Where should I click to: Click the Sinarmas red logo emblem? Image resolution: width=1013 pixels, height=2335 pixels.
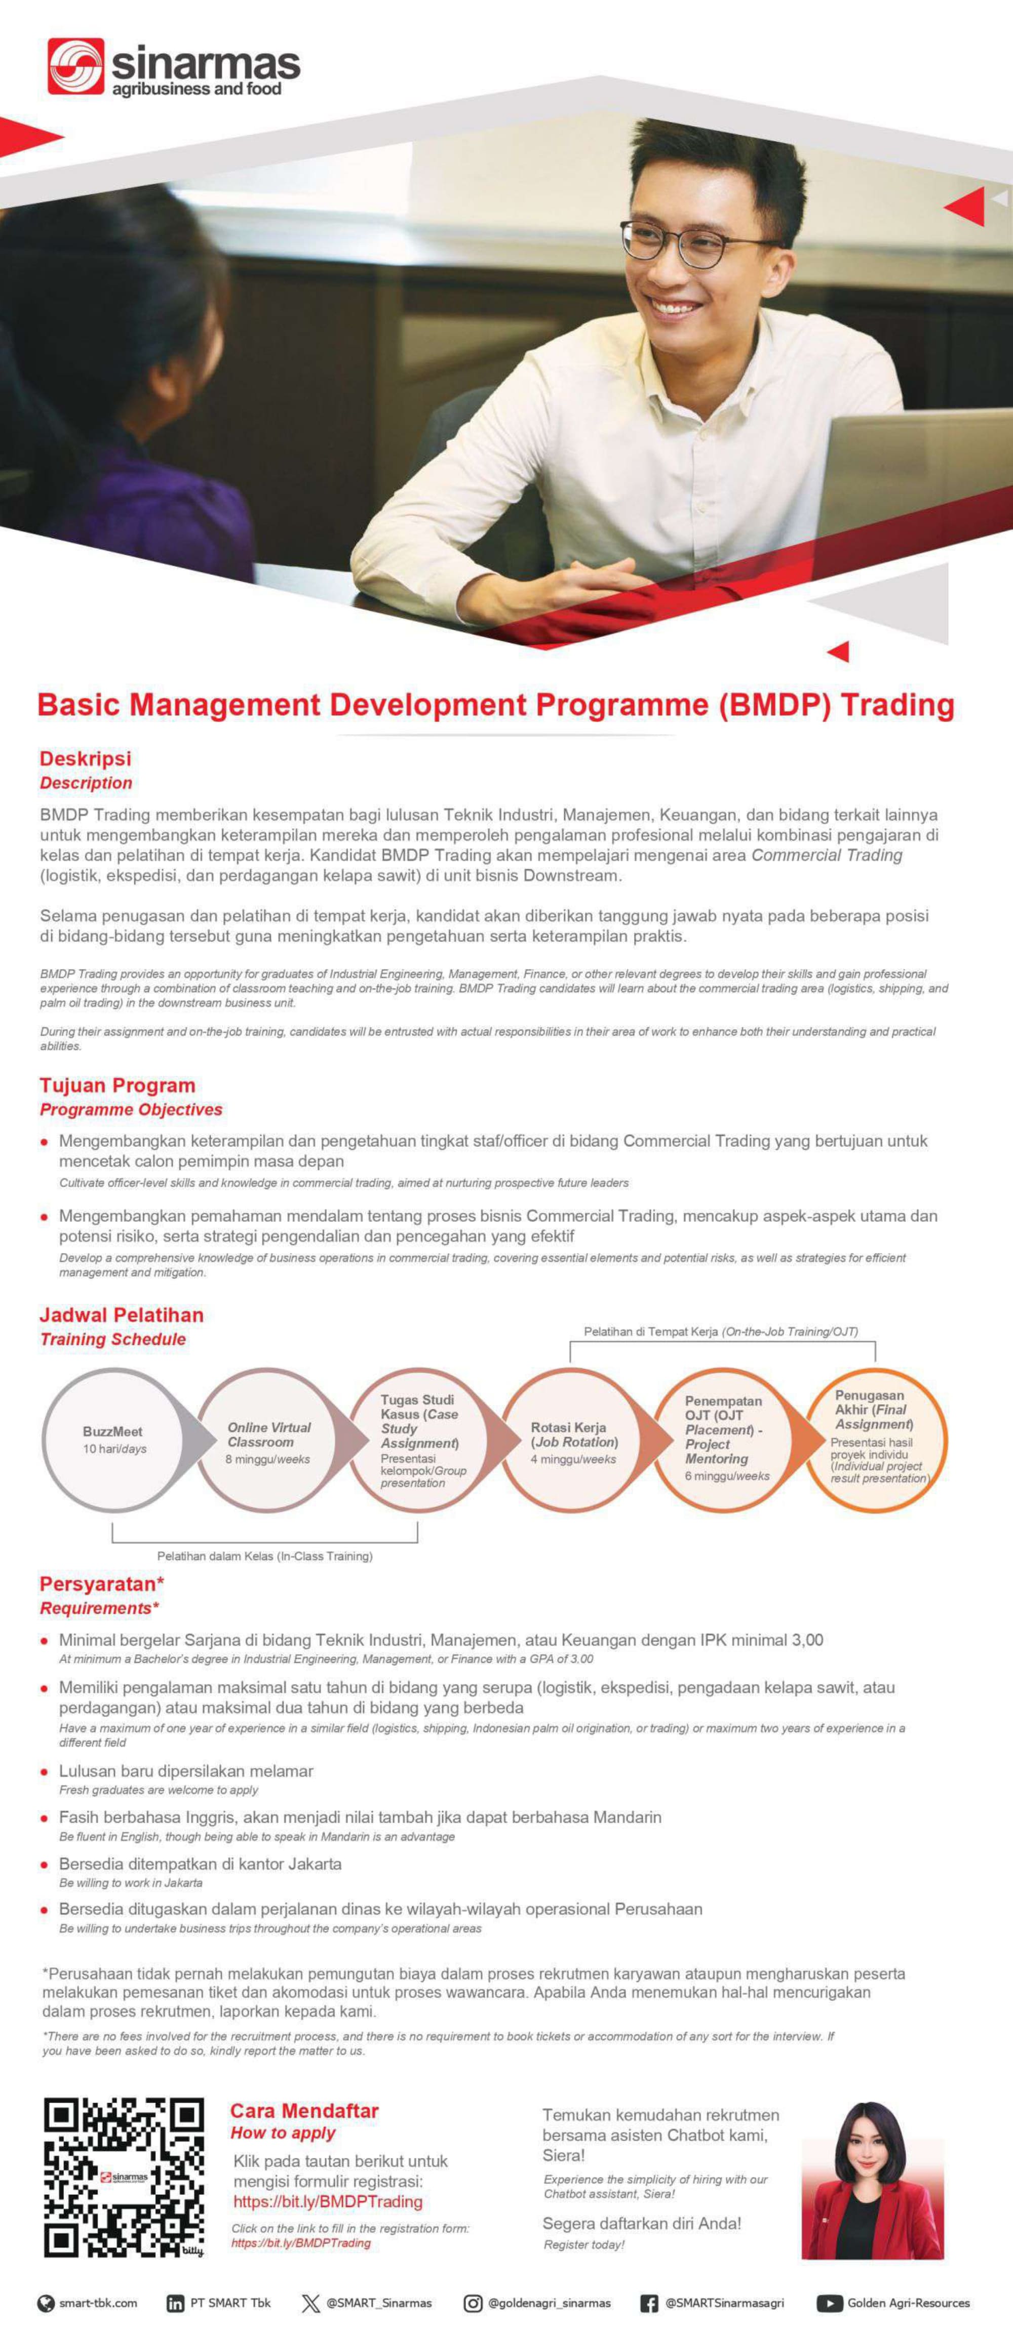(x=75, y=66)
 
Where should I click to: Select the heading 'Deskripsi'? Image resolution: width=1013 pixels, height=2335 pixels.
(x=85, y=759)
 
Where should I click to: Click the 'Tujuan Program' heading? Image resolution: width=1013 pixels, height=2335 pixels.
(x=117, y=1085)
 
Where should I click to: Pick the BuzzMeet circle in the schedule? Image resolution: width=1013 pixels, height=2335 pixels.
(x=113, y=1440)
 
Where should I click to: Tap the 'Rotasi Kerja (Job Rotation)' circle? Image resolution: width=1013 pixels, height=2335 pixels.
(x=573, y=1440)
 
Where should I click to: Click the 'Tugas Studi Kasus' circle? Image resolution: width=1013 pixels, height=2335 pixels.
(x=420, y=1440)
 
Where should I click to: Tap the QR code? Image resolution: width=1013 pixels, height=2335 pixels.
(x=124, y=2177)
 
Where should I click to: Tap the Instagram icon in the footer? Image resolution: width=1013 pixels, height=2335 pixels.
(x=473, y=2303)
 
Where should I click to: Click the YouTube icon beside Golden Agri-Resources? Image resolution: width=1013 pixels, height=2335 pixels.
(x=829, y=2303)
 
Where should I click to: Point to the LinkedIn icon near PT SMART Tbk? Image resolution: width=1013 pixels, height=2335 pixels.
(x=175, y=2303)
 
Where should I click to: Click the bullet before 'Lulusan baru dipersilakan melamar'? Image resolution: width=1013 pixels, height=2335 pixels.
(x=45, y=1771)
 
